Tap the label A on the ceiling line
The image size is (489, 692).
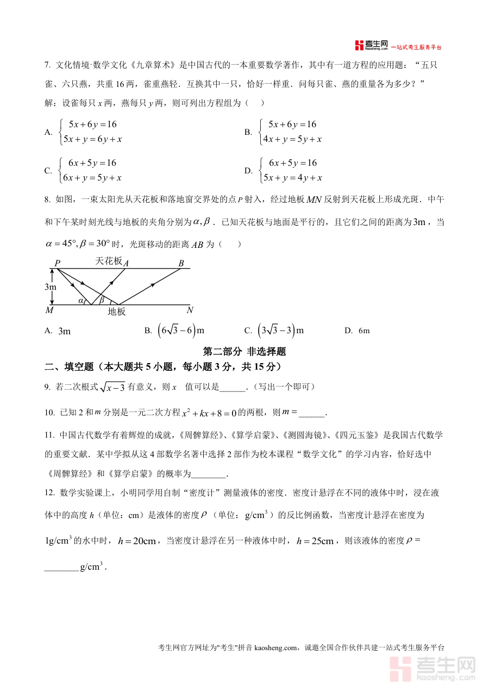pyautogui.click(x=126, y=263)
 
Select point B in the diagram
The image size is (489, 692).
pyautogui.click(x=181, y=263)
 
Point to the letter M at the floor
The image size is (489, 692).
pyautogui.click(x=49, y=310)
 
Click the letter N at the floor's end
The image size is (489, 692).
pyautogui.click(x=190, y=310)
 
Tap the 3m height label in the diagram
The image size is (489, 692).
pyautogui.click(x=50, y=286)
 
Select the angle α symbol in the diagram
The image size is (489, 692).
pyautogui.click(x=81, y=300)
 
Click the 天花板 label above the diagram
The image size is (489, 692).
pyautogui.click(x=109, y=261)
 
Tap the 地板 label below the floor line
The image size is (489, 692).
pyautogui.click(x=116, y=311)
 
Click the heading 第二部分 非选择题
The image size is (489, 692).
pyautogui.click(x=244, y=352)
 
